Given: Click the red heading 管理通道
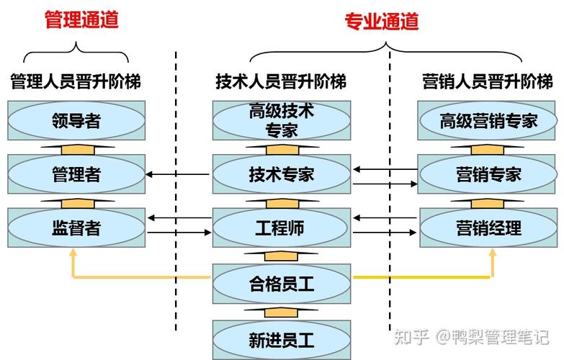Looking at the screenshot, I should pos(81,19).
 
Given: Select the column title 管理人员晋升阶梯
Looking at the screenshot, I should pos(76,81).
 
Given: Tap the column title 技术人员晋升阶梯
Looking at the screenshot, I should pos(281,81).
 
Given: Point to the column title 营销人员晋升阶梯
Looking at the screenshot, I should pos(488,81).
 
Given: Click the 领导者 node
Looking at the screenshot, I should pos(76,120).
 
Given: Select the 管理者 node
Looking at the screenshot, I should pos(76,174).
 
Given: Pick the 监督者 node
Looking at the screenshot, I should pos(76,228).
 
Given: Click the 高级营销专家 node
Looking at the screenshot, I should pos(488,120).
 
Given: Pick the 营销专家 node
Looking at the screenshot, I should pos(488,174).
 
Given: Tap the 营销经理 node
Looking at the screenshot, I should pos(488,228).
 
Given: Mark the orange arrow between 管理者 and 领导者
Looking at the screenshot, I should pos(76,148).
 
